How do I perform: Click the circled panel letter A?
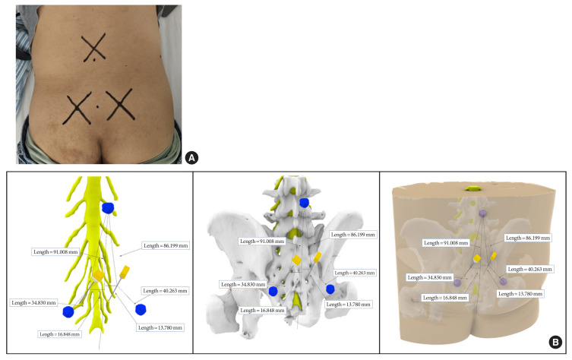[191, 157]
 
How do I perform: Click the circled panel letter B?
[555, 343]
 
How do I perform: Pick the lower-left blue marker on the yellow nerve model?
[69, 311]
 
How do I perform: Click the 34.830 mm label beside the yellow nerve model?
[35, 302]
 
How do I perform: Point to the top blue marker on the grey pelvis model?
[305, 202]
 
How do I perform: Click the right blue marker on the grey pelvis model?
[330, 289]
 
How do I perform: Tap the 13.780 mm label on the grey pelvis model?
[347, 304]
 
